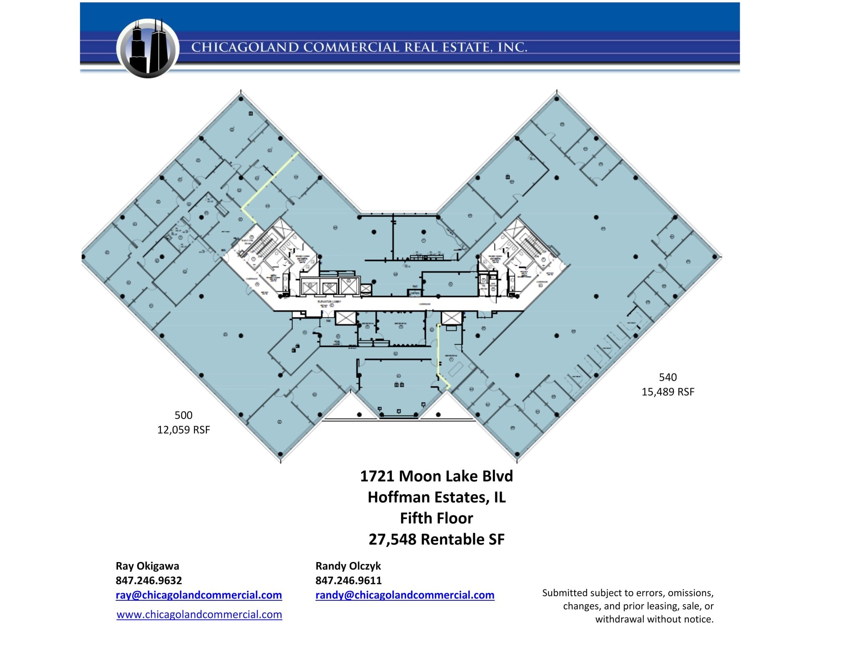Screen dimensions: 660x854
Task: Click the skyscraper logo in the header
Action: tap(148, 48)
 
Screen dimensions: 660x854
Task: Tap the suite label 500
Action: tap(183, 415)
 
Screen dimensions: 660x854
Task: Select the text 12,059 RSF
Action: tap(183, 430)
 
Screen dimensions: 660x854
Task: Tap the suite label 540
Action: tap(668, 377)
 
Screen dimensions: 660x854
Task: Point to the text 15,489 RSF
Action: tap(668, 392)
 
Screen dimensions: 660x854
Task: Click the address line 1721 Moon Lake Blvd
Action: tap(436, 476)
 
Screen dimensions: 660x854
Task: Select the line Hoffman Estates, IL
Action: tap(436, 497)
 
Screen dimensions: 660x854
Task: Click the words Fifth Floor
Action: tap(436, 518)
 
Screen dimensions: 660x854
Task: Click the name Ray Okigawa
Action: tap(147, 566)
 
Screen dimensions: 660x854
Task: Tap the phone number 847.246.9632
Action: tap(148, 580)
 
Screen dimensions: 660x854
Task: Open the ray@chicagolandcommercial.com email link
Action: tap(198, 595)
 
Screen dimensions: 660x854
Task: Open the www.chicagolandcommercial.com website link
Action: tap(199, 615)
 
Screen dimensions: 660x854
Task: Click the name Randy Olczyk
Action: tap(348, 566)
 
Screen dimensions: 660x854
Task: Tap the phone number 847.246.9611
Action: tap(348, 580)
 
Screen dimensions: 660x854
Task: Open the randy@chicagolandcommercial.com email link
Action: tap(404, 595)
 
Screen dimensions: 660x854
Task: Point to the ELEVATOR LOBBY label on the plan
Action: tap(329, 301)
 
